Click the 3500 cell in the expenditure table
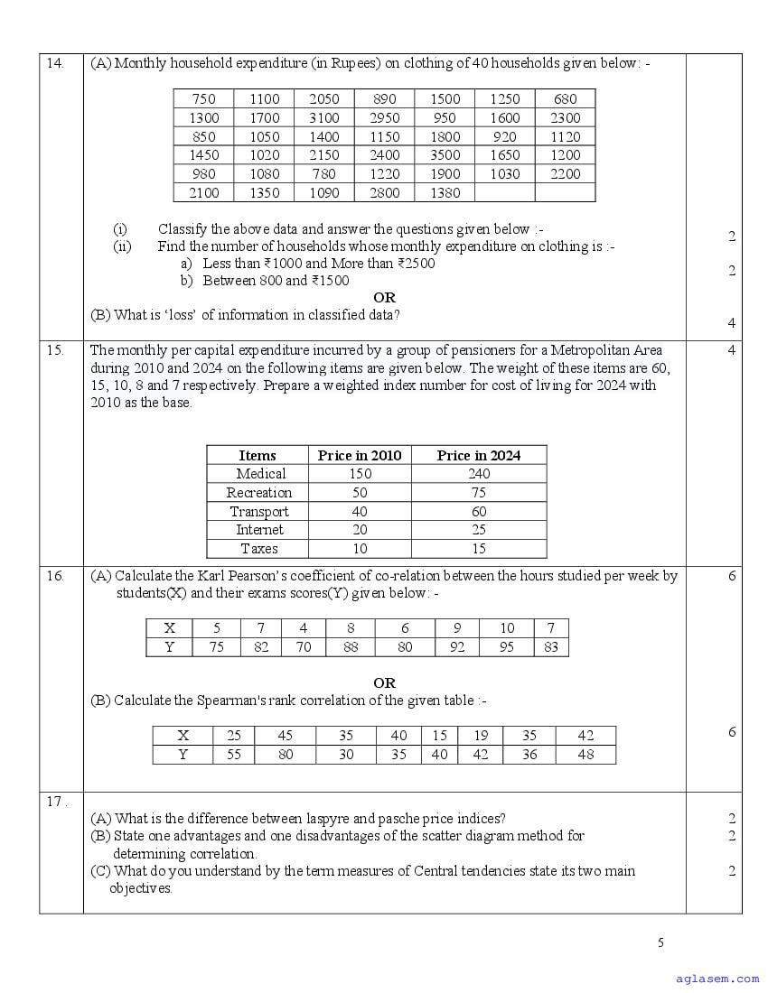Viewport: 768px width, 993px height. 445,155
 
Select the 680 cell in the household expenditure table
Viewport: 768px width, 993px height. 565,99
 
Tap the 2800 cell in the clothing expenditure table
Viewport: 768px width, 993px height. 384,192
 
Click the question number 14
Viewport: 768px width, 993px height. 55,63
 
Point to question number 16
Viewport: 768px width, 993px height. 55,576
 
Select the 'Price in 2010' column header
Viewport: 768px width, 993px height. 359,455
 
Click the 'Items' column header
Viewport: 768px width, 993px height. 258,455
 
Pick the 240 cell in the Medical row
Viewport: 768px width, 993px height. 479,474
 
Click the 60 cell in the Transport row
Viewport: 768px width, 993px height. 479,512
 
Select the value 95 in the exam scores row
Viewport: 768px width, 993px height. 507,646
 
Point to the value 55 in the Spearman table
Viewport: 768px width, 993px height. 234,755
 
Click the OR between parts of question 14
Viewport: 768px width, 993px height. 384,298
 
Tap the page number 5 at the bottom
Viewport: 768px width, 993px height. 660,942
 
